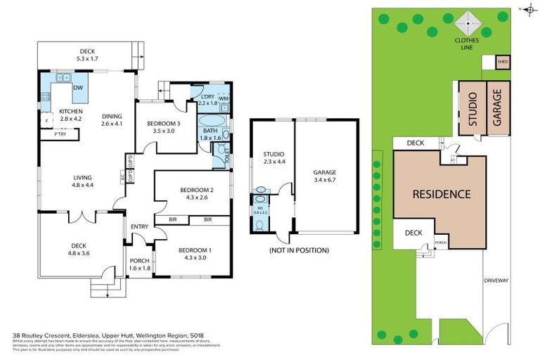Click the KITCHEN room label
(x=70, y=111)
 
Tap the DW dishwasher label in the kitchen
(x=79, y=88)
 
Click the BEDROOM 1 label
(x=194, y=250)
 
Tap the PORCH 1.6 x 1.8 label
(x=140, y=264)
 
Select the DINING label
(x=112, y=117)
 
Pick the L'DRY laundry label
(x=207, y=96)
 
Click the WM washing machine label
(x=223, y=98)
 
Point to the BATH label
(x=210, y=130)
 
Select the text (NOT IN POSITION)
(x=299, y=250)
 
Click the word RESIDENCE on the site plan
(x=441, y=194)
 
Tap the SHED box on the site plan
(x=503, y=62)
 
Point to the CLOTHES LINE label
(x=467, y=44)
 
